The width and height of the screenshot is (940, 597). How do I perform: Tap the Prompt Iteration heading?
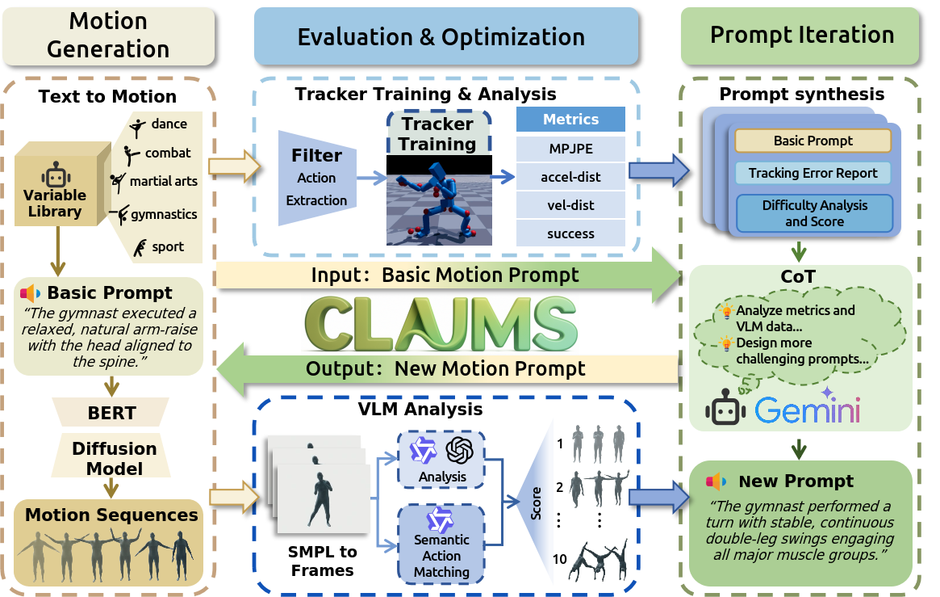(x=800, y=36)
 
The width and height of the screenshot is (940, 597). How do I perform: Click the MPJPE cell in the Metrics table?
(x=571, y=148)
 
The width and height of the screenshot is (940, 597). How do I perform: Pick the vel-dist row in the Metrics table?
(x=571, y=205)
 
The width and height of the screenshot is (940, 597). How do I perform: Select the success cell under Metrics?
(x=571, y=233)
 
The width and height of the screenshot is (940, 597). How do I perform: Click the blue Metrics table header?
(x=571, y=120)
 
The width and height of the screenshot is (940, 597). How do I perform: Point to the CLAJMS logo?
(x=440, y=323)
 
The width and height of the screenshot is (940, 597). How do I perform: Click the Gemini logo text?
(x=807, y=410)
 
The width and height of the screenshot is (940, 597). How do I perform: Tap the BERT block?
(x=111, y=414)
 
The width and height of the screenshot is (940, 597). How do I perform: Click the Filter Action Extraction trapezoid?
(x=316, y=178)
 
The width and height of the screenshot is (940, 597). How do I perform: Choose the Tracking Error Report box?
(x=813, y=173)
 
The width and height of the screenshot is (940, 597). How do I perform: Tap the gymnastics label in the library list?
(x=164, y=215)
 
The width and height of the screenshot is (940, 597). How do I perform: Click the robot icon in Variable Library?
(x=55, y=175)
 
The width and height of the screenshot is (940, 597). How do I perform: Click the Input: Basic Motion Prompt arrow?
(x=444, y=275)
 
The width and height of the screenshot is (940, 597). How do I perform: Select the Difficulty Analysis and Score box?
(x=814, y=213)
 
